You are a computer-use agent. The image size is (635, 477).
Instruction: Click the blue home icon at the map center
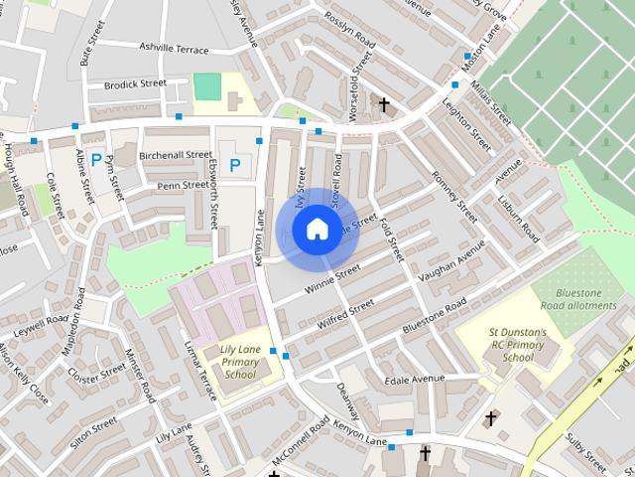pyautogui.click(x=316, y=230)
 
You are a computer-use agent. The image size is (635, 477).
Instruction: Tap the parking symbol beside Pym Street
pyautogui.click(x=96, y=159)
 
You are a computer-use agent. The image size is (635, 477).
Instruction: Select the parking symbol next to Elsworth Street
pyautogui.click(x=235, y=164)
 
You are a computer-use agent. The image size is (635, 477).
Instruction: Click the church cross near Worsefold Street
pyautogui.click(x=384, y=103)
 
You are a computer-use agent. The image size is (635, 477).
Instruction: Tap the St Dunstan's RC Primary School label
pyautogui.click(x=517, y=344)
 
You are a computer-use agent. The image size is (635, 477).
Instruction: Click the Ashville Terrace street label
pyautogui.click(x=175, y=49)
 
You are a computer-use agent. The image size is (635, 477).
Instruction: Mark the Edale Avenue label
pyautogui.click(x=417, y=379)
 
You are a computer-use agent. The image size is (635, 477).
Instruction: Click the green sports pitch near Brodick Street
pyautogui.click(x=206, y=86)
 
